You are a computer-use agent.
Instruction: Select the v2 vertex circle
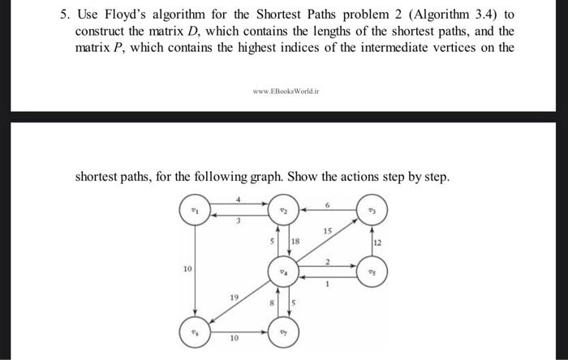point(282,212)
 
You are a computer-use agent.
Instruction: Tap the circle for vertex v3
point(372,212)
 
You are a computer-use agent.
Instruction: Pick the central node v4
point(282,271)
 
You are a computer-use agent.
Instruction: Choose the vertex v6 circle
point(194,332)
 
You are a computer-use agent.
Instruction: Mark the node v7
point(282,332)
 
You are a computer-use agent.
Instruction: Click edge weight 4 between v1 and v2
point(239,199)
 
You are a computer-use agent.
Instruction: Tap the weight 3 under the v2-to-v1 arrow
point(239,224)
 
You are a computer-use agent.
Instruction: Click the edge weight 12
point(379,242)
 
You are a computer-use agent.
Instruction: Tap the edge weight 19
point(234,298)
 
